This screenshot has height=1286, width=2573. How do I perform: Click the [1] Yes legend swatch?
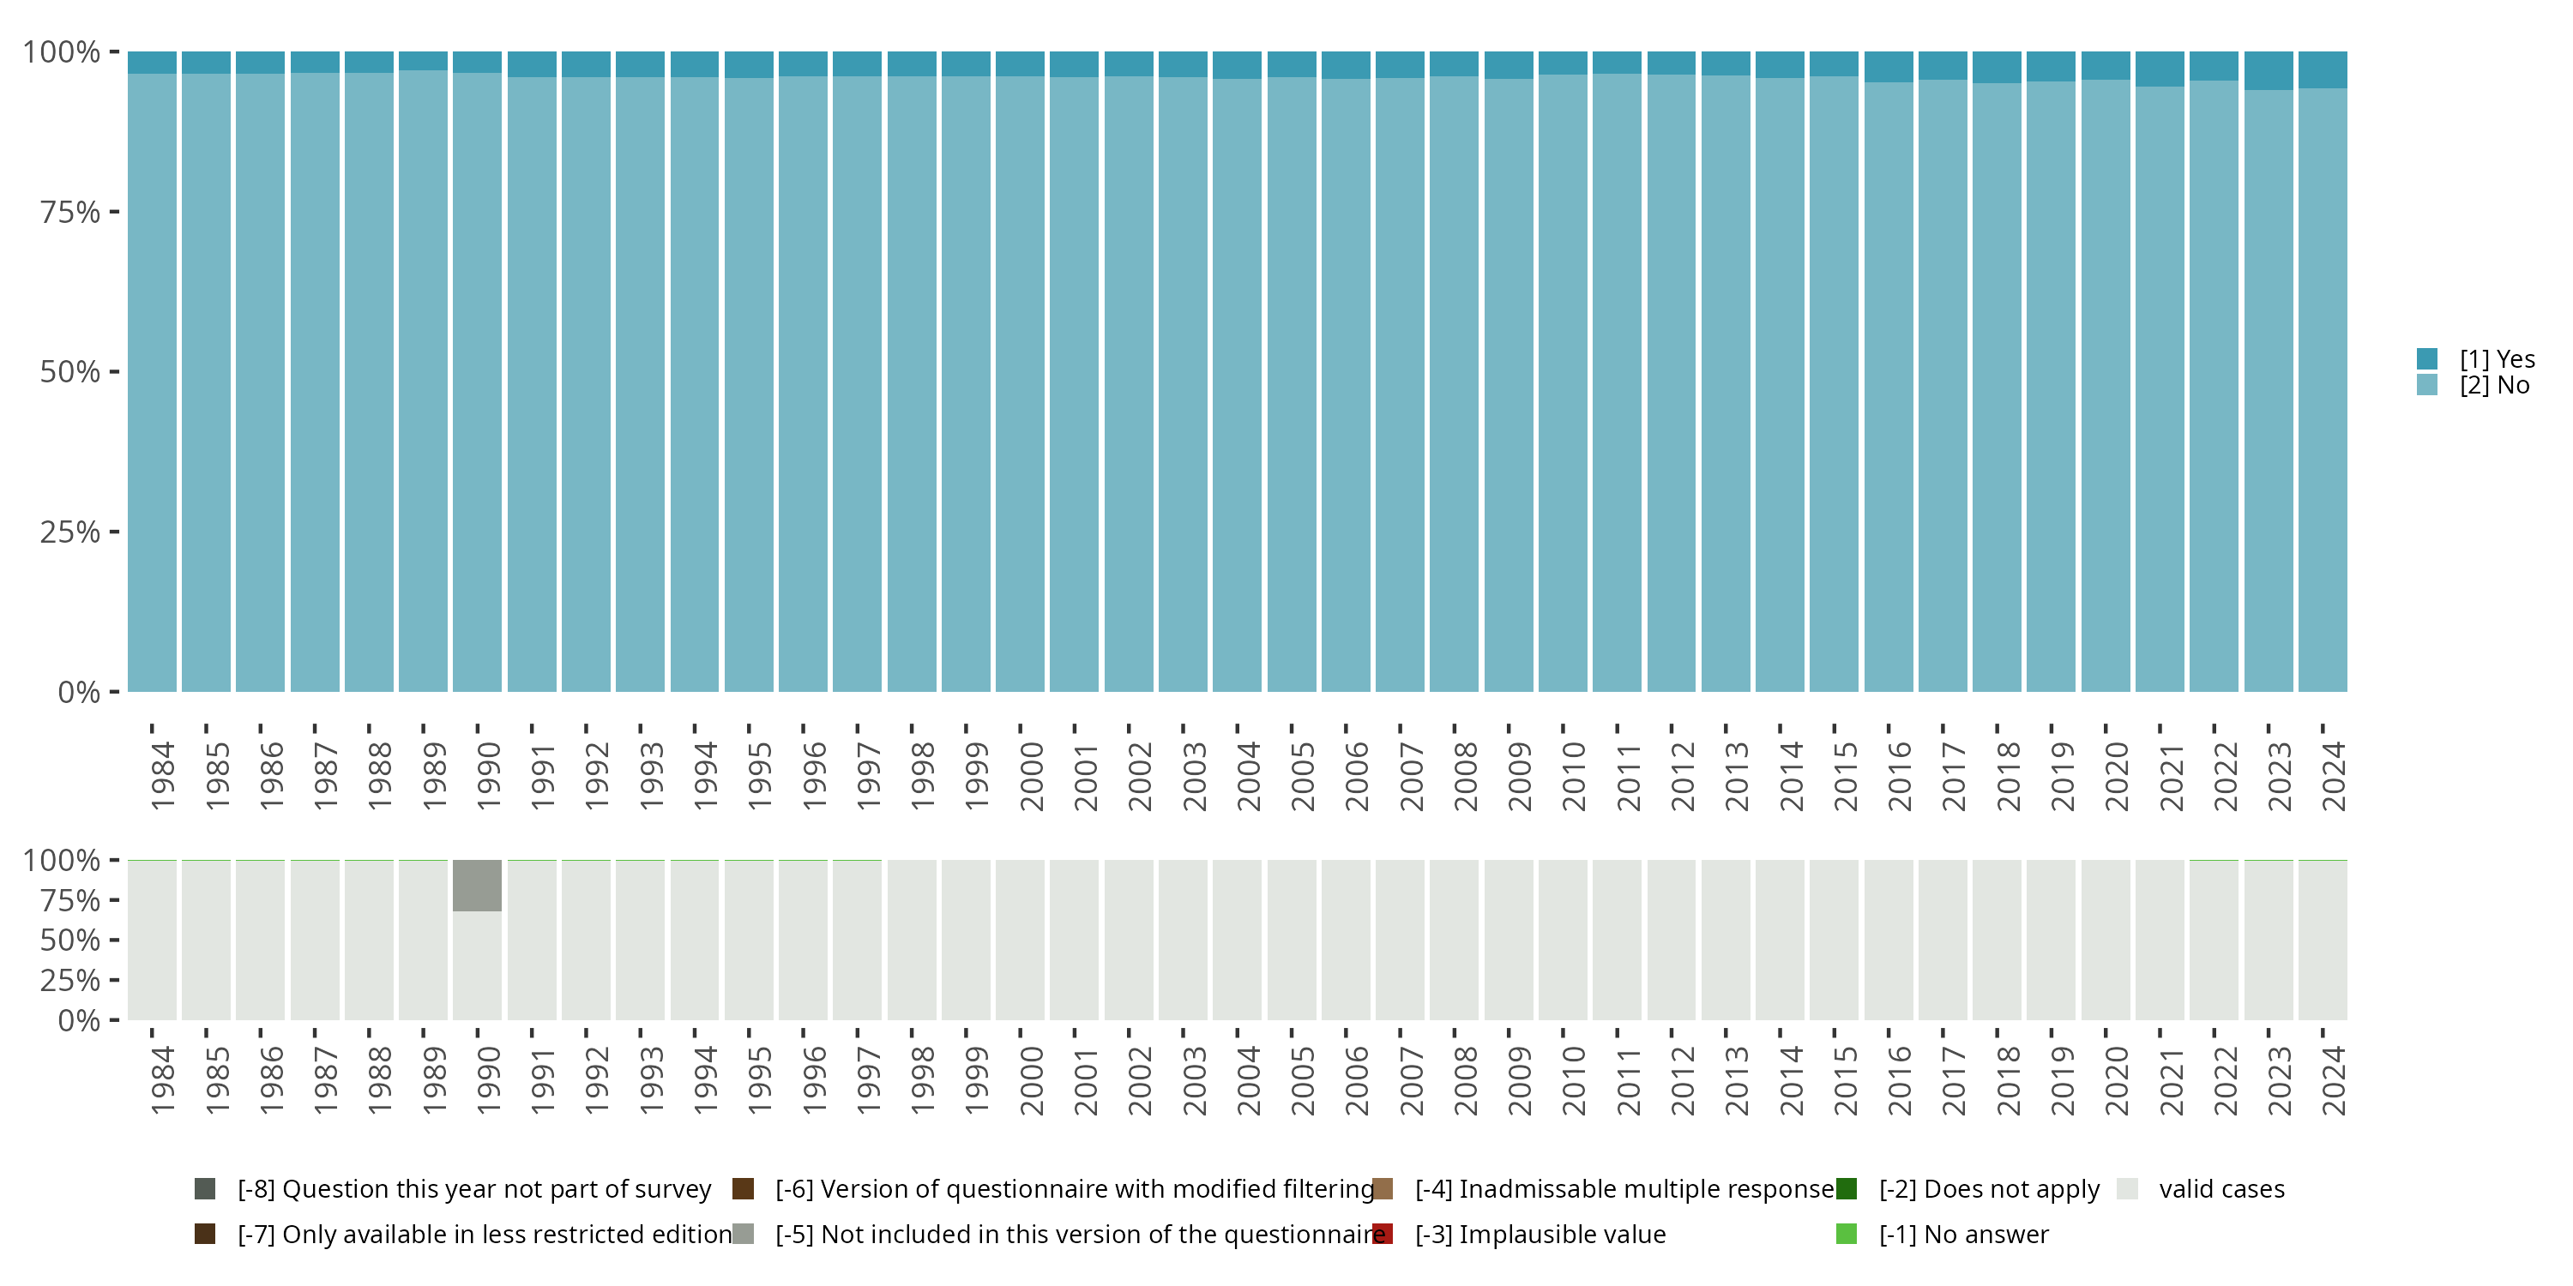[2426, 358]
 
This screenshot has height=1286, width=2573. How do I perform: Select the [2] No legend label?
[2494, 386]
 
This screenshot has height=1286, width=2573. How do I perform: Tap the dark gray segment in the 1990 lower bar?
[477, 885]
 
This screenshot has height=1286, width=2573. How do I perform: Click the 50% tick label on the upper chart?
[70, 372]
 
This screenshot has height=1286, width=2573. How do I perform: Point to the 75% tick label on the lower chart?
[70, 900]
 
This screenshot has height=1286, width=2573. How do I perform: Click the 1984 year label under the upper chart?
[162, 776]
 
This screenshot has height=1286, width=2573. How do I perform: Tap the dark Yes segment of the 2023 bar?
[2269, 71]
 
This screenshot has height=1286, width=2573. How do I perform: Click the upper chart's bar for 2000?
[1020, 380]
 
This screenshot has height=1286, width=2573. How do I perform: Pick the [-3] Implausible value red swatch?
[1383, 1234]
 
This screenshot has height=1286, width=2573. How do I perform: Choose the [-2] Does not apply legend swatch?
[1846, 1189]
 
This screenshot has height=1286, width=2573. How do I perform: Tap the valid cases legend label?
[2221, 1189]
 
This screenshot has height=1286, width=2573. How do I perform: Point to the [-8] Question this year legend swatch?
[205, 1189]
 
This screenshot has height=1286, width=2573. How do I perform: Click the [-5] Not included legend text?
[1080, 1234]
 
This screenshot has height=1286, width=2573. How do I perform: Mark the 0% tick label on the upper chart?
[79, 692]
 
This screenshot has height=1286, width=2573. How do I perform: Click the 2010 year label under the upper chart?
[1573, 776]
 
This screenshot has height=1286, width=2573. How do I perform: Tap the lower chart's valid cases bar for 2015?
[1834, 940]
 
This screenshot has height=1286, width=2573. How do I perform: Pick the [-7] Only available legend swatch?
[205, 1234]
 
